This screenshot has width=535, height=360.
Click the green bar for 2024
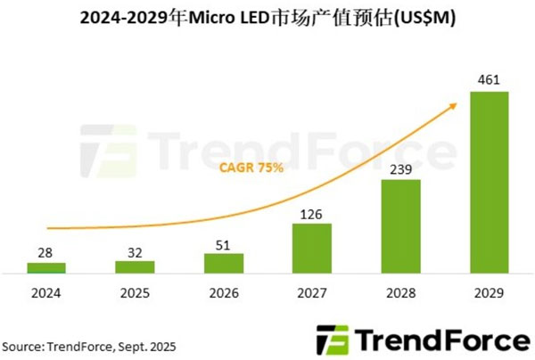(45, 267)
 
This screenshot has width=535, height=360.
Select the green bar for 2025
(134, 266)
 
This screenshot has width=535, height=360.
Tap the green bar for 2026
(223, 264)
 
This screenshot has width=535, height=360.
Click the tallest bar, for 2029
(490, 182)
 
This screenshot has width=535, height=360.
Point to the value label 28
(45, 254)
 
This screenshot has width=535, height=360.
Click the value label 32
(134, 252)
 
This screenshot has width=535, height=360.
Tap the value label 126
(312, 214)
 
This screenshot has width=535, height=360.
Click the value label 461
(490, 81)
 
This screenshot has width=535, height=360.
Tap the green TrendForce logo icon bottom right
(332, 341)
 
